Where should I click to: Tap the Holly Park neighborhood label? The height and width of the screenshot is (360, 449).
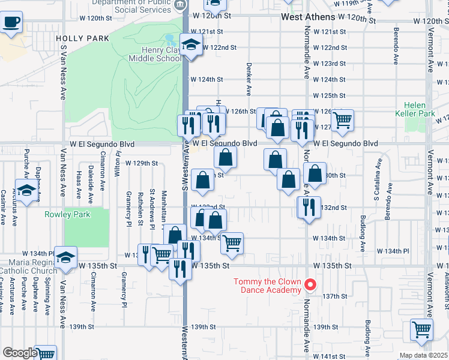pyautogui.click(x=83, y=38)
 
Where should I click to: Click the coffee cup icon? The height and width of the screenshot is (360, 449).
pyautogui.click(x=11, y=23)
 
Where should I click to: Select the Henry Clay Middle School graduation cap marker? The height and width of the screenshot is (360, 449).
pyautogui.click(x=191, y=46)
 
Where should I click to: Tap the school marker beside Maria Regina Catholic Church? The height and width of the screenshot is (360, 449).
pyautogui.click(x=65, y=256)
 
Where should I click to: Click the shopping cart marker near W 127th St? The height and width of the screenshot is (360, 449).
pyautogui.click(x=342, y=119)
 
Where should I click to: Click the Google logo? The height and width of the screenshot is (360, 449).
pyautogui.click(x=20, y=353)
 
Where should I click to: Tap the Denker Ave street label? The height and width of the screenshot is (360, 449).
pyautogui.click(x=249, y=79)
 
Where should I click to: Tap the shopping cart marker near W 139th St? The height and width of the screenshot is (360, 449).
pyautogui.click(x=421, y=329)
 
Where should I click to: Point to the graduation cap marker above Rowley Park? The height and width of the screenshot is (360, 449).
pyautogui.click(x=25, y=191)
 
